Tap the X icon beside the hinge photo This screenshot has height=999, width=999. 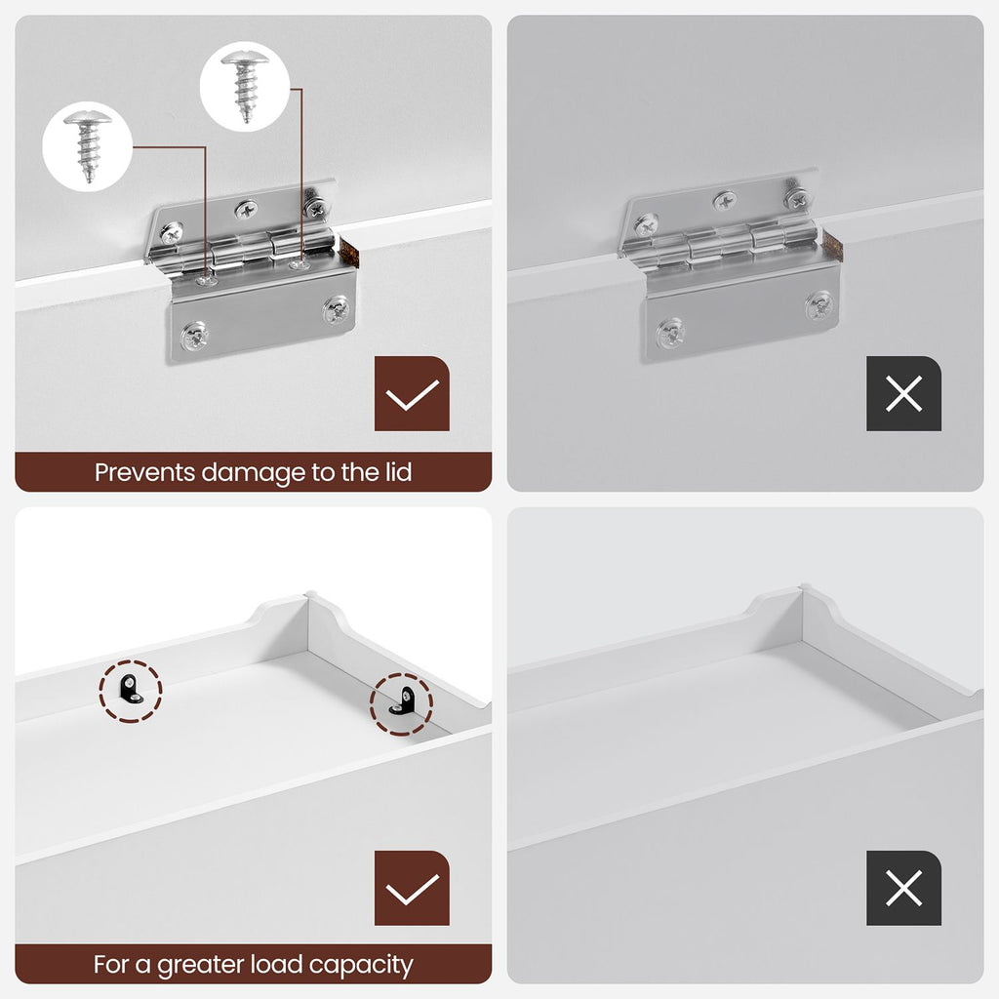point(903,394)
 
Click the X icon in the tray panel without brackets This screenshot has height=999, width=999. point(903,888)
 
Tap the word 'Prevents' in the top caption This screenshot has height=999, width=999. point(144,473)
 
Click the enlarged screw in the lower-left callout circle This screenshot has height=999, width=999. point(88,146)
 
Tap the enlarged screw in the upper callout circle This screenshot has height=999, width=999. point(245,87)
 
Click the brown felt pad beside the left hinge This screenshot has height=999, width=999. point(348,252)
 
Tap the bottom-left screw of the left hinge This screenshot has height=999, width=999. point(194,337)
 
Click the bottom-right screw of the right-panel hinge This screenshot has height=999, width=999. point(819,306)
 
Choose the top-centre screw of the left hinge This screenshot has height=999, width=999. point(247,209)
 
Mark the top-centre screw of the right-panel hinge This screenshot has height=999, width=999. point(725,201)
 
